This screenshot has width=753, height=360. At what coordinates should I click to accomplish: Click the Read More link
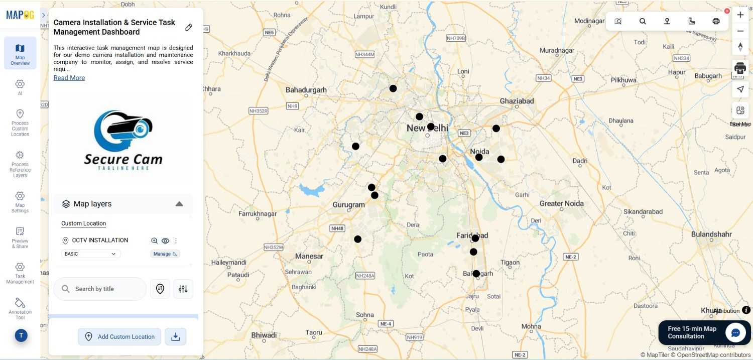(69, 78)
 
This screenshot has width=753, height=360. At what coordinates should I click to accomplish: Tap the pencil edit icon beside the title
(189, 27)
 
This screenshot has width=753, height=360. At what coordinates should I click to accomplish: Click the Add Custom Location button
(119, 336)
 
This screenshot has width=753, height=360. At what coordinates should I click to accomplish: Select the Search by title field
(100, 289)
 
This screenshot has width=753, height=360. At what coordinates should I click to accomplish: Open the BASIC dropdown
(91, 254)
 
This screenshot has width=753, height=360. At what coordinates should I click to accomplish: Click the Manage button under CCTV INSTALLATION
(165, 254)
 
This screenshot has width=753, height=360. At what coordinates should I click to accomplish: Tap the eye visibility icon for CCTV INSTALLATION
(165, 241)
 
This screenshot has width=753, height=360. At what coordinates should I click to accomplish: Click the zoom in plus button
(740, 15)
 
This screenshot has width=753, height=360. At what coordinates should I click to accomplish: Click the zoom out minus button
(740, 31)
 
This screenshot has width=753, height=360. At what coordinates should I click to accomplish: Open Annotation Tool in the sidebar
(20, 308)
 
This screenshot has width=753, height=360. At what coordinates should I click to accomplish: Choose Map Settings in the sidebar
(20, 201)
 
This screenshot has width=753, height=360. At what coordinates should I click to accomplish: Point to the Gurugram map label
(348, 205)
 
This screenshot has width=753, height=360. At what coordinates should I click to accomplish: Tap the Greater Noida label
(561, 203)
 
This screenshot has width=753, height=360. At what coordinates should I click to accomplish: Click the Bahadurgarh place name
(306, 90)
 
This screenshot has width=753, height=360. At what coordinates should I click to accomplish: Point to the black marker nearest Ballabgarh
(476, 274)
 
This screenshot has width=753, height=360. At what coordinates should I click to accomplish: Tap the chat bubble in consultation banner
(735, 332)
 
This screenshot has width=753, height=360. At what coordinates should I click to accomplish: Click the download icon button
(176, 336)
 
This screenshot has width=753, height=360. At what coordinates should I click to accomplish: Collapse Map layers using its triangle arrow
(179, 204)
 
